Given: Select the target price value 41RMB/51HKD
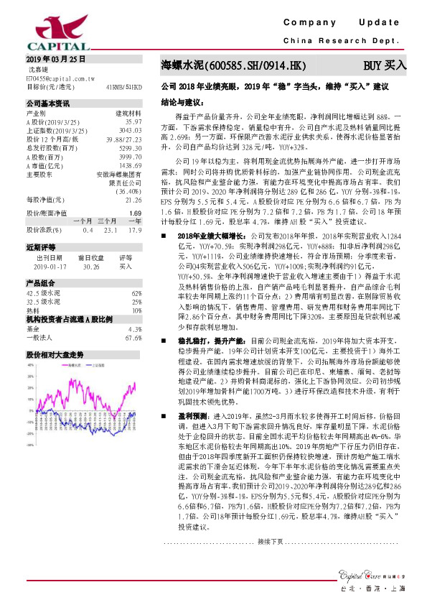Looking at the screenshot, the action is click(123, 86).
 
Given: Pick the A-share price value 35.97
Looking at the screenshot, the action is click(133, 122).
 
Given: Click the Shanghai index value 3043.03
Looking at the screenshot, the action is click(129, 131).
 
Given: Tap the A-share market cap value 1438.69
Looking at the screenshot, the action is click(129, 165).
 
